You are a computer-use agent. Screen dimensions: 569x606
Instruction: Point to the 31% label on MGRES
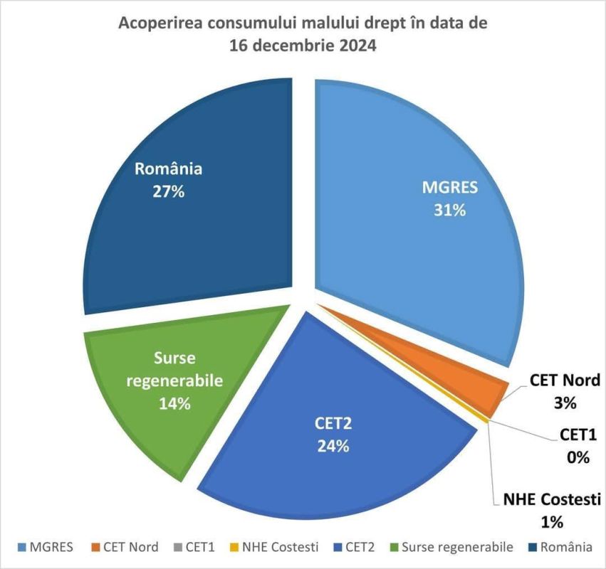click(449, 211)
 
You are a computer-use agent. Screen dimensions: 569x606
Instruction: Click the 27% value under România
click(168, 191)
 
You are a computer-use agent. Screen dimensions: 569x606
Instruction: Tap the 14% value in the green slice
click(174, 403)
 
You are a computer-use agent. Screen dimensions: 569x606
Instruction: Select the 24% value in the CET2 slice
click(333, 446)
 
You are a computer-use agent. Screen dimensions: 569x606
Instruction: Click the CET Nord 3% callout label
click(565, 391)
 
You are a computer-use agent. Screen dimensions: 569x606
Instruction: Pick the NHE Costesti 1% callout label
click(551, 510)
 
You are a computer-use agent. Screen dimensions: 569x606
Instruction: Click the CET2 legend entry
click(354, 548)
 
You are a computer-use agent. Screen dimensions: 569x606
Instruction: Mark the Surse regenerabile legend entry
click(450, 548)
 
